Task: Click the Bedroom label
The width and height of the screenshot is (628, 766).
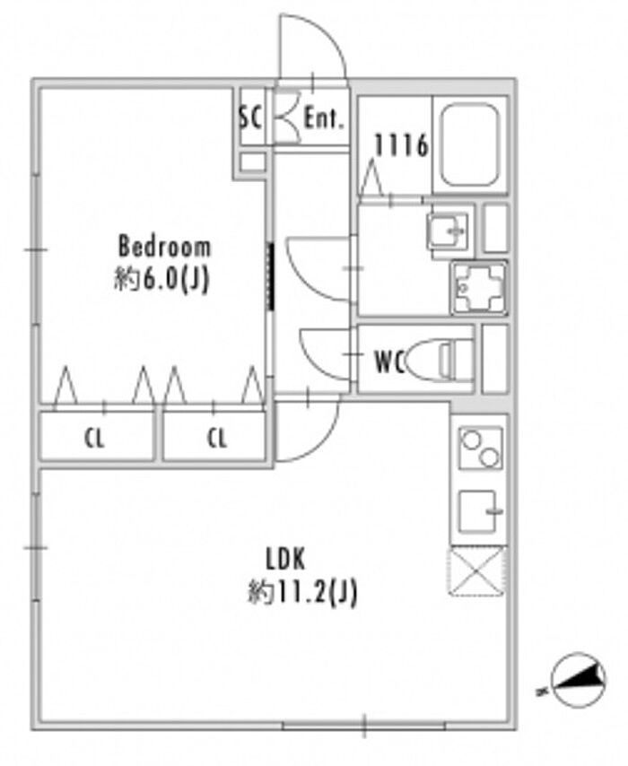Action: coord(165,246)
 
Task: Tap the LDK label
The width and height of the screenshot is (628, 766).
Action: coord(286,559)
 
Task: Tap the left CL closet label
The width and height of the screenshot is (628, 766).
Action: coord(95,439)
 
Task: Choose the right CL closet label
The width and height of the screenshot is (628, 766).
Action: coord(216,439)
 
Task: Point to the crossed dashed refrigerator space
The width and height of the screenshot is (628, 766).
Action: coord(477,570)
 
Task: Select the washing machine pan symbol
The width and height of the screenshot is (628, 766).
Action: coord(478,287)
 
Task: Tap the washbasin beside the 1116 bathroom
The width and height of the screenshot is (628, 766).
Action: coord(447,232)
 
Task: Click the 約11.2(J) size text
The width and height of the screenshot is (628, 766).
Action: coord(302,592)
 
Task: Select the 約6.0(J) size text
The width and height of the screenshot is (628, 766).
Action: coord(162,279)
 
